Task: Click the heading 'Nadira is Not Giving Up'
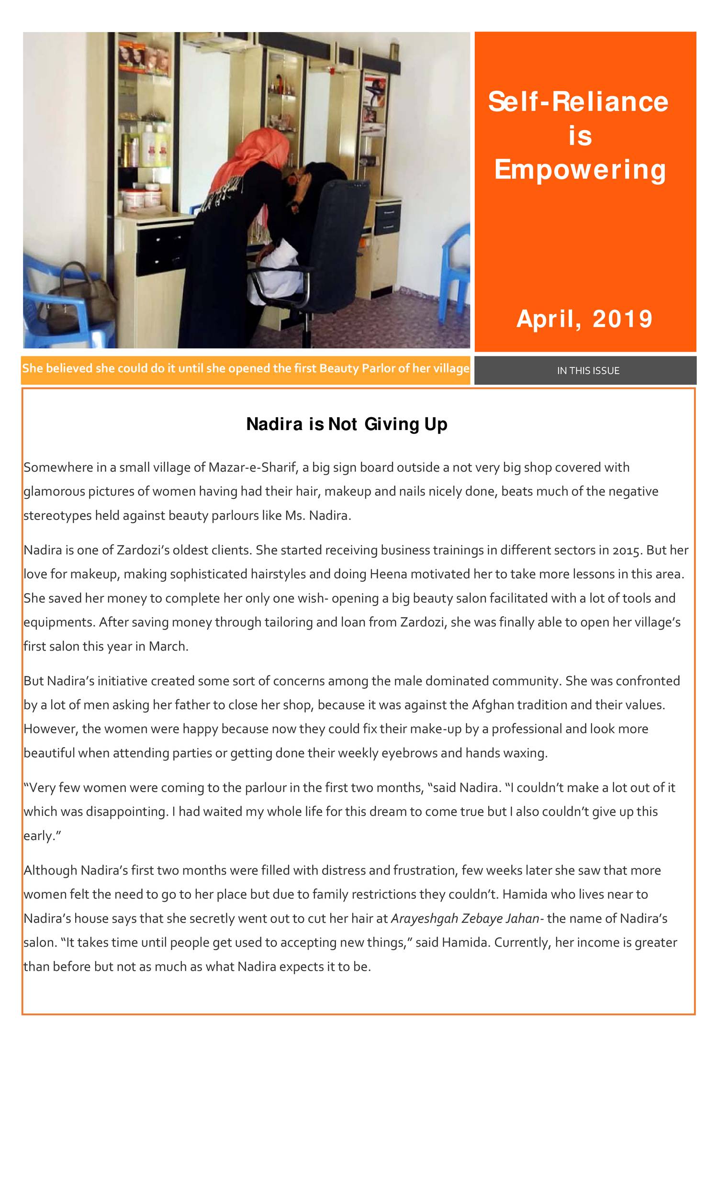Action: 347,424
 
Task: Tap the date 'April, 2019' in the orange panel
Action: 584,319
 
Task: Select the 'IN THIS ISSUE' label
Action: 588,370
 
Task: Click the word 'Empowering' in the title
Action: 580,170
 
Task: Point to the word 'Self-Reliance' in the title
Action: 578,102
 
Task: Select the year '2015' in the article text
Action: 626,550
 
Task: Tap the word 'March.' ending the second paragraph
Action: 168,646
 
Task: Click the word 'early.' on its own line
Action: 42,836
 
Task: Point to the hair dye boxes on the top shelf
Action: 144,57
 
